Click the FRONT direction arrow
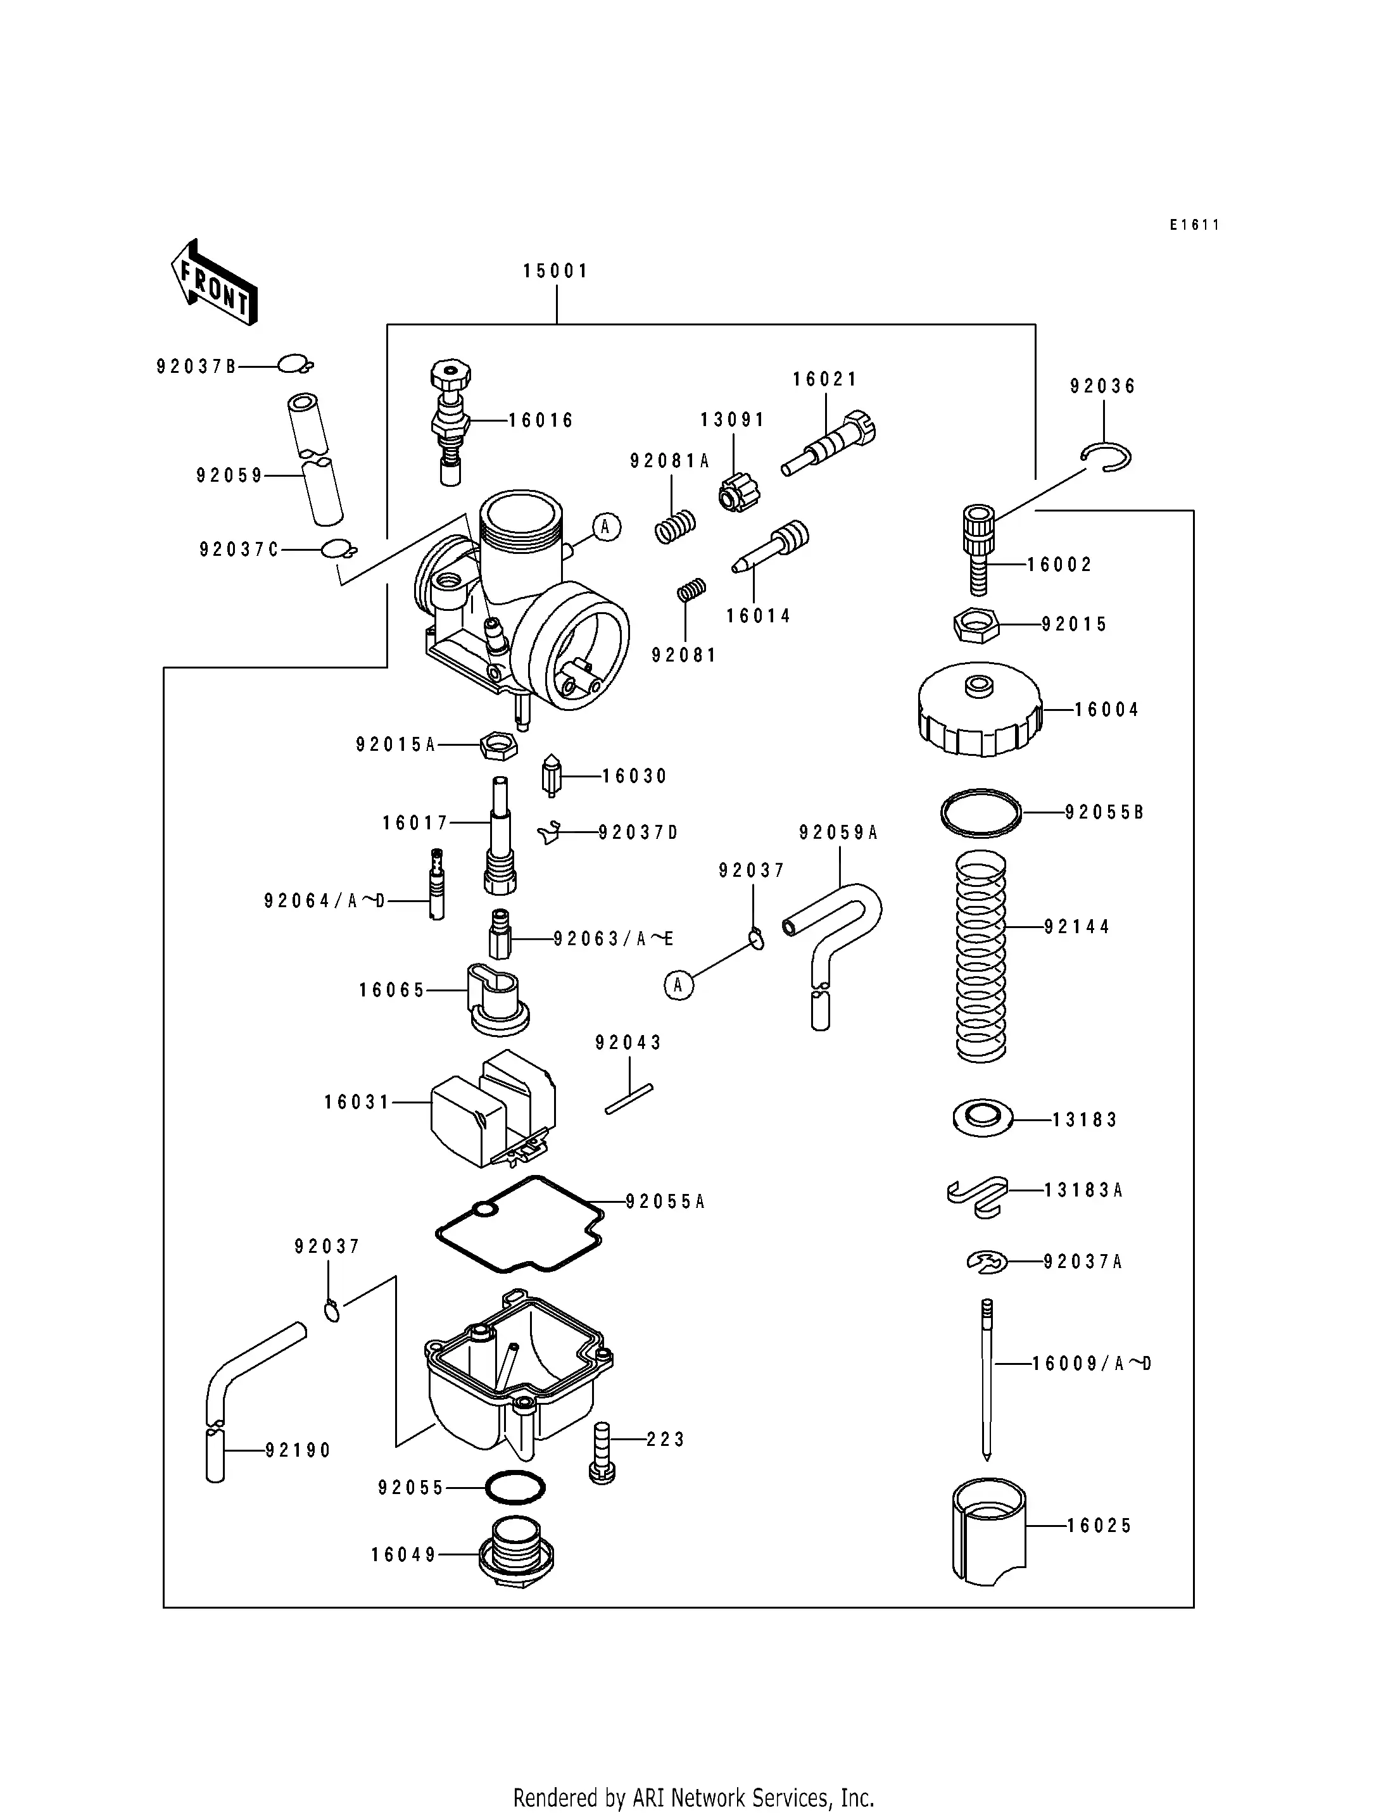214,282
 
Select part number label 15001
555,271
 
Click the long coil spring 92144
981,957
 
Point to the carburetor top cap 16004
980,710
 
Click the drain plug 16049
516,1553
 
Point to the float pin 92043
629,1100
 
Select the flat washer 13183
981,1119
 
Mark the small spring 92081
691,590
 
